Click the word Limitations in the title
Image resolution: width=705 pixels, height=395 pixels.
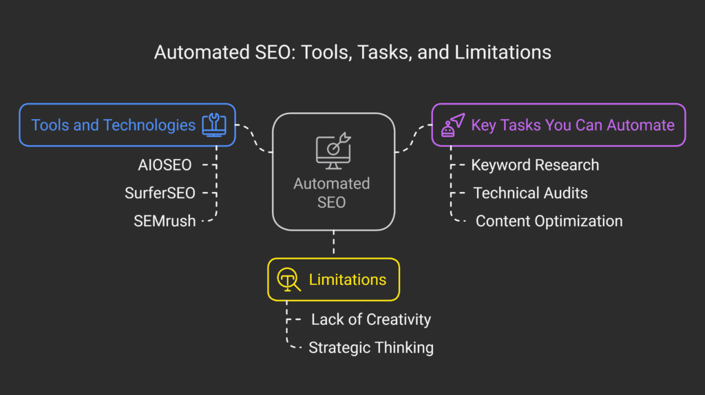(507, 52)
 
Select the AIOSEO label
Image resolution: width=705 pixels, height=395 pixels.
(165, 164)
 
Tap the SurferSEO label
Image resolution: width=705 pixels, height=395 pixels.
(160, 193)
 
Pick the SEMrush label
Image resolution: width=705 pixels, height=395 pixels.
(165, 221)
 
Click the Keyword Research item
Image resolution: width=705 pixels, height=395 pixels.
(535, 165)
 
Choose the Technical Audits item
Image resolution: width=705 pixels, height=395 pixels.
(530, 193)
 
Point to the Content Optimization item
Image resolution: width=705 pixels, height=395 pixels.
(549, 221)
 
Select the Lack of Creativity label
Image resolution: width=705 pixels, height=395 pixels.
(370, 319)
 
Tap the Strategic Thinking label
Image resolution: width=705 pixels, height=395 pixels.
(370, 348)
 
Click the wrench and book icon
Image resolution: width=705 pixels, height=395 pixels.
(213, 125)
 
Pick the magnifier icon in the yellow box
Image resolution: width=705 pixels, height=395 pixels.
(288, 279)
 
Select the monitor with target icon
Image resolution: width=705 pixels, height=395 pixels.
(333, 151)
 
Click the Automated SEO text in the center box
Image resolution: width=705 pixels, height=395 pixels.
(332, 193)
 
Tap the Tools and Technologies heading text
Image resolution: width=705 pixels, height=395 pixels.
(114, 125)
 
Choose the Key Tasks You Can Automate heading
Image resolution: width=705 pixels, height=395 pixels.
(572, 125)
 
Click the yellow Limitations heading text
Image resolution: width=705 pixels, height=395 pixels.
(347, 279)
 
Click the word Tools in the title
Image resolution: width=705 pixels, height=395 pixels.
(324, 52)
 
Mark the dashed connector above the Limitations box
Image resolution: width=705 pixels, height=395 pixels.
(334, 244)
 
